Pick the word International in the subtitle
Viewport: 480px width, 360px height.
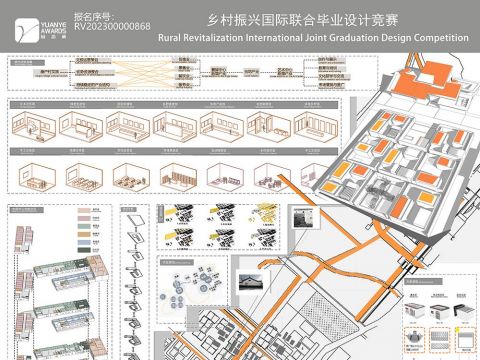279,38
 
